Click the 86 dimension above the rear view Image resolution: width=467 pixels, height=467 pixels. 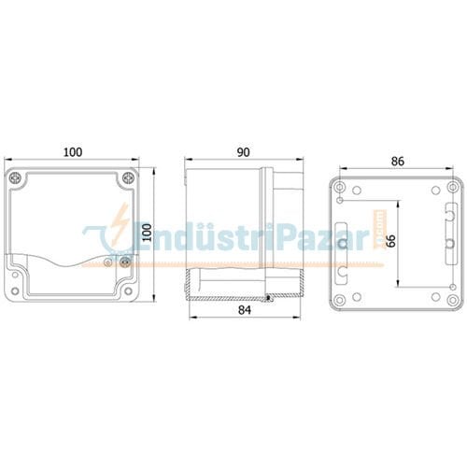pyautogui.click(x=397, y=162)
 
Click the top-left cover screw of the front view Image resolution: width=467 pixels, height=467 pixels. pyautogui.click(x=16, y=177)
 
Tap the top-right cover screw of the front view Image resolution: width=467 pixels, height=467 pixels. pyautogui.click(x=128, y=177)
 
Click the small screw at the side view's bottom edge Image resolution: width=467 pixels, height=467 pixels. pyautogui.click(x=269, y=299)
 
